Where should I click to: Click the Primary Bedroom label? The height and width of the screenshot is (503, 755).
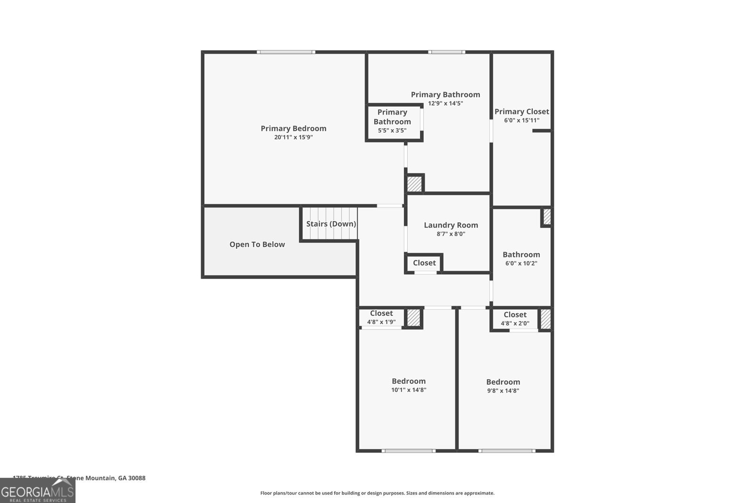(x=294, y=128)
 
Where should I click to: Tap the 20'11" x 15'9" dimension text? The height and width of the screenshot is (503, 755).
(x=294, y=138)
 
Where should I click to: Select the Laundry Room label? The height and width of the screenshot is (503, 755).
(x=451, y=225)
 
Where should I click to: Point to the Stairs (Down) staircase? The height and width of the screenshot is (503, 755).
(x=330, y=223)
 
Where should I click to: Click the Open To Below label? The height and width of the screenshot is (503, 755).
(x=257, y=244)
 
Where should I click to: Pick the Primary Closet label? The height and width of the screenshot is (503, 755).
(x=521, y=112)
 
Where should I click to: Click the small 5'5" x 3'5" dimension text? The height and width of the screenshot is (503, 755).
(x=392, y=131)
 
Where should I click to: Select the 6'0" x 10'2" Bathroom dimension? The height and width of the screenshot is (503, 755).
(x=521, y=264)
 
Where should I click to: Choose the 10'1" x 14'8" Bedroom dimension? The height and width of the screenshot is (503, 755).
(x=409, y=390)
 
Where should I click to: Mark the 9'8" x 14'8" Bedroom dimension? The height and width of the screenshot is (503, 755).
(x=503, y=391)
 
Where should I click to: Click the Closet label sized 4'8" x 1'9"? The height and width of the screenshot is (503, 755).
(x=381, y=313)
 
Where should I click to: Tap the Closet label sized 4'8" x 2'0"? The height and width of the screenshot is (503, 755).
(x=515, y=315)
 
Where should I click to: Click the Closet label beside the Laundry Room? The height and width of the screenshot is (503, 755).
(x=424, y=263)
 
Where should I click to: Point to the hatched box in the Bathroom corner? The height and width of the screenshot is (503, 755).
(x=546, y=217)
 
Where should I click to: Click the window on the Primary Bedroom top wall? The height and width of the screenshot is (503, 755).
(x=286, y=52)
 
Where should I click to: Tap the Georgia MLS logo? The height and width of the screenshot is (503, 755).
(x=37, y=491)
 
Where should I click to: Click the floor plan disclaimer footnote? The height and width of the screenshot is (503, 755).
(x=377, y=493)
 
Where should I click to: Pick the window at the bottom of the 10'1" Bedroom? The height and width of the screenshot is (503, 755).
(x=409, y=451)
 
